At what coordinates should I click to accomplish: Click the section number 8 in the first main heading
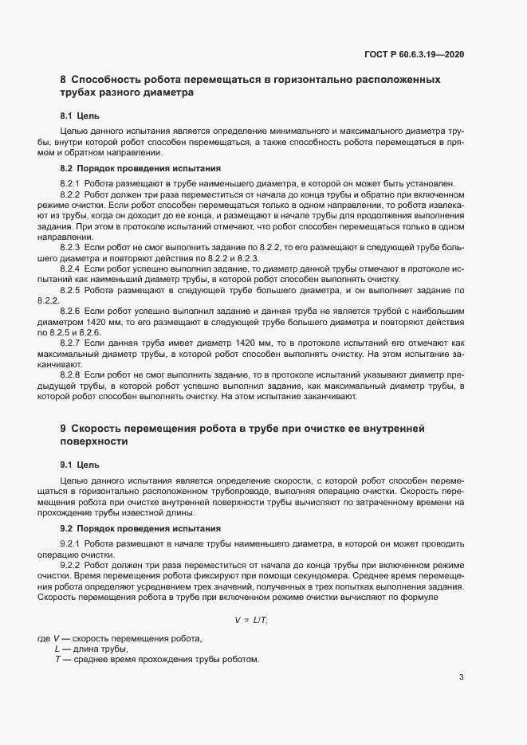point(63,80)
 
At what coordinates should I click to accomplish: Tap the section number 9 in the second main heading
point(63,429)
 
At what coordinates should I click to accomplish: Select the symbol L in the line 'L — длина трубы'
point(57,649)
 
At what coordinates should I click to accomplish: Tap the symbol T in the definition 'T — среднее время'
point(57,660)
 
